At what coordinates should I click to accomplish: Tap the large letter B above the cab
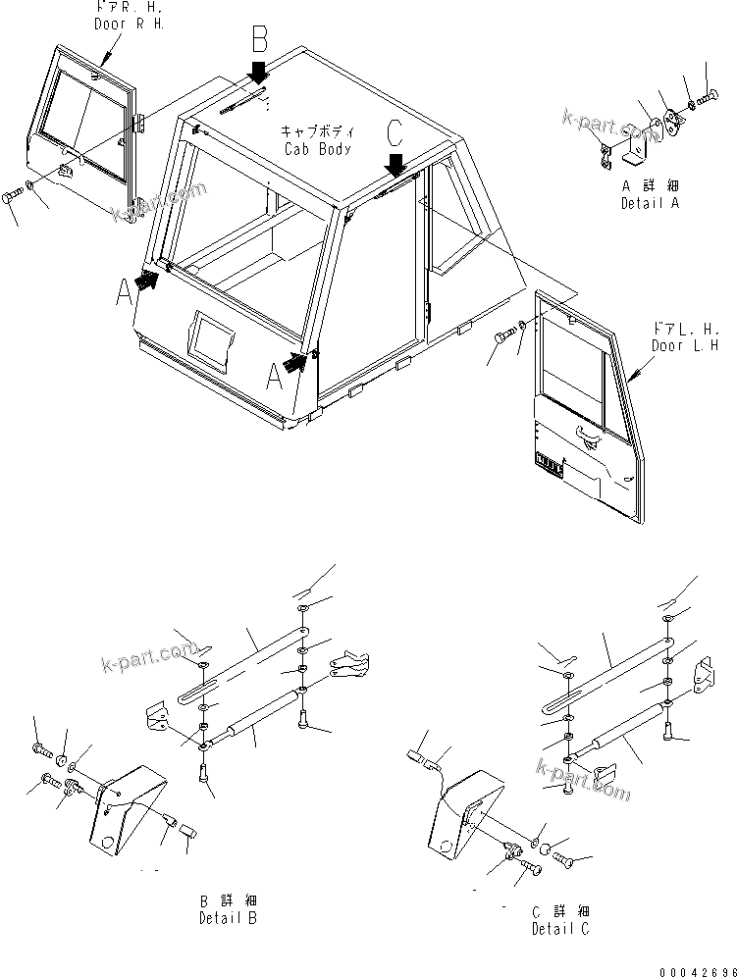coord(259,40)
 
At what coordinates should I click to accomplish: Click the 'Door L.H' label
coord(684,338)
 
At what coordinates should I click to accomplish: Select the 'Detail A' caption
coord(649,195)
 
